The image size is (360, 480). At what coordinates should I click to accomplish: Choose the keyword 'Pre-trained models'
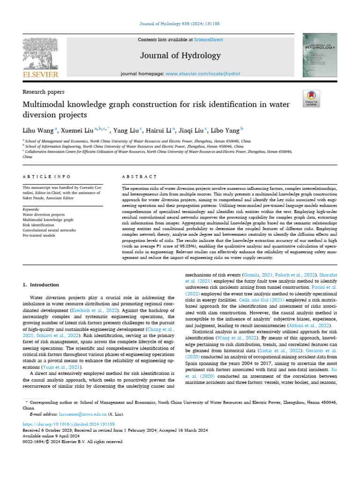pos(39,235)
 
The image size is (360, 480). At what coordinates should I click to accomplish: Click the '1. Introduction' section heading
pos(41,285)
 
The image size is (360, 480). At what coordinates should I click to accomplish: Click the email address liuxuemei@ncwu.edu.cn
pos(82,414)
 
